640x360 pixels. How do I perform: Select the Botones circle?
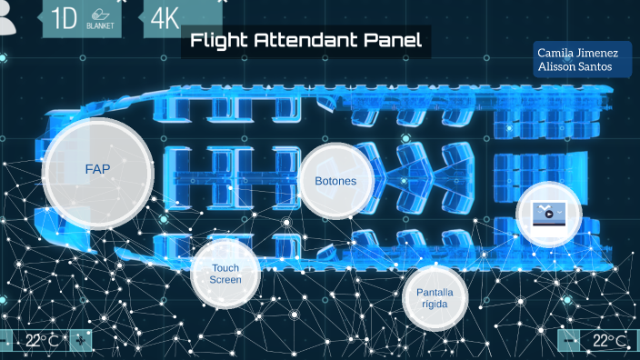pyautogui.click(x=335, y=181)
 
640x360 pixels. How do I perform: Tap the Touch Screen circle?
pyautogui.click(x=225, y=274)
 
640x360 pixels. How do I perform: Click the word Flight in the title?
pyautogui.click(x=224, y=41)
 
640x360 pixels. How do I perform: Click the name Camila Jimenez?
pyautogui.click(x=582, y=55)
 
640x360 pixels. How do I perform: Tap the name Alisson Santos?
pyautogui.click(x=575, y=67)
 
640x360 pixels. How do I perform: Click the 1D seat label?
pyautogui.click(x=65, y=17)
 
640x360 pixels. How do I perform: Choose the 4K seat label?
pyautogui.click(x=165, y=17)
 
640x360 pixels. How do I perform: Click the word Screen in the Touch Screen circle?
pyautogui.click(x=225, y=280)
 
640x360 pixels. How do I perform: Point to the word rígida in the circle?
pyautogui.click(x=435, y=305)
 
